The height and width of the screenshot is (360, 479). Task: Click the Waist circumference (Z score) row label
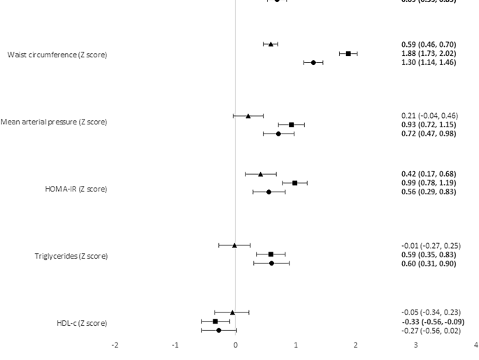click(57, 55)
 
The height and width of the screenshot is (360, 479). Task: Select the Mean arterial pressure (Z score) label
click(54, 122)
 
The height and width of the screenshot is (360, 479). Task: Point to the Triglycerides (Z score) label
click(71, 256)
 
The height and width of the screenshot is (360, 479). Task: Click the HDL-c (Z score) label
click(82, 323)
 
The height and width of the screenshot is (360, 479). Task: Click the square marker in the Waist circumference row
click(348, 53)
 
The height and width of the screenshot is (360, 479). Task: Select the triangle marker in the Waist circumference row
click(271, 44)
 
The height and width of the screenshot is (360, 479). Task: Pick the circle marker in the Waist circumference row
click(313, 62)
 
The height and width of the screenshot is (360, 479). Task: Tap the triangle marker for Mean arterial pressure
click(248, 115)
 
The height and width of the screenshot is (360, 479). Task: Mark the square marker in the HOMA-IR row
click(295, 182)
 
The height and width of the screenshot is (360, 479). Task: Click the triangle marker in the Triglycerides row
click(235, 245)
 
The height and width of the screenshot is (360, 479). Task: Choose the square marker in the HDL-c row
click(215, 321)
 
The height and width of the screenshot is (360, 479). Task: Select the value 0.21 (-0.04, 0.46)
click(429, 115)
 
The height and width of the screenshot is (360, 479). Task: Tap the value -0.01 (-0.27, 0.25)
click(431, 245)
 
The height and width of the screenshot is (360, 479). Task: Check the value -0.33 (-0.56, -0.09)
click(431, 322)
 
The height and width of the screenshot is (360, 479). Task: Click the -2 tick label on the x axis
click(115, 345)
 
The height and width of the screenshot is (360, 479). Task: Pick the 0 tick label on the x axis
click(236, 345)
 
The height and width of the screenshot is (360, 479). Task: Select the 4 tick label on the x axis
click(476, 345)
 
